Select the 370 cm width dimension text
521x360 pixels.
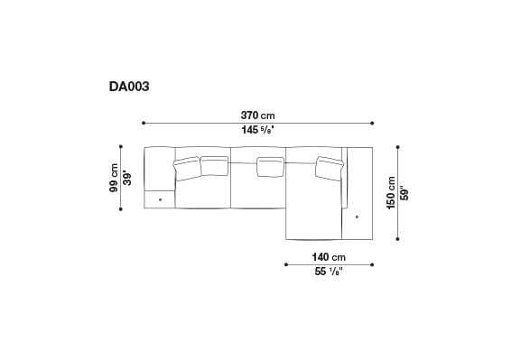coord(258,115)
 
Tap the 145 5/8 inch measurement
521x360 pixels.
coord(257,132)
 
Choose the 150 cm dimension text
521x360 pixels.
coord(391,193)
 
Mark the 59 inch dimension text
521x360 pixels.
coord(405,193)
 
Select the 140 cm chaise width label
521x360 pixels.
coord(330,256)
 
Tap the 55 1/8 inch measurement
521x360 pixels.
coord(329,272)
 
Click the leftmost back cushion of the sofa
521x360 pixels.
coord(187,166)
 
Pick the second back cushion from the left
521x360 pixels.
coord(214,164)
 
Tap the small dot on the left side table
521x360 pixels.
coord(160,198)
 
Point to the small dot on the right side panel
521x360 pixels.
coord(358,217)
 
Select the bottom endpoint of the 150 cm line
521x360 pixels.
coord(398,241)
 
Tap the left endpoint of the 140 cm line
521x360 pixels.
coord(285,264)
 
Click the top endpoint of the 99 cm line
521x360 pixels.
coord(122,145)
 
